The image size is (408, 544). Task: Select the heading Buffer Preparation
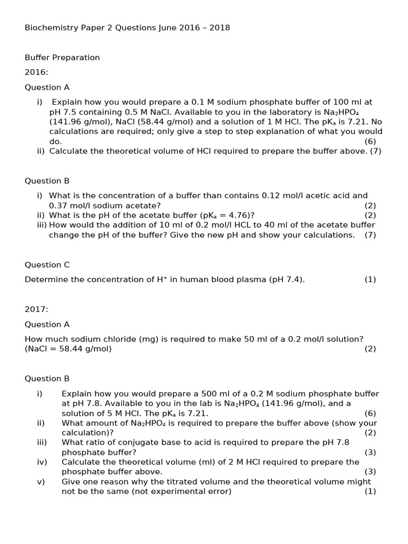(62, 57)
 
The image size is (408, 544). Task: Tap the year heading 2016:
(37, 72)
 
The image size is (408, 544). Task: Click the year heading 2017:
(37, 309)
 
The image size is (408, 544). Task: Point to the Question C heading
(47, 265)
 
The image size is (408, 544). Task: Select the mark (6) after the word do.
(370, 141)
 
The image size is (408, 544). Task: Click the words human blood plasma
(223, 279)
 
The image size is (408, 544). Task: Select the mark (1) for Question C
(370, 279)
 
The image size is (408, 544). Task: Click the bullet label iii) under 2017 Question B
(42, 442)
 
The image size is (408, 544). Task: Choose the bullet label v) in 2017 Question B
(41, 481)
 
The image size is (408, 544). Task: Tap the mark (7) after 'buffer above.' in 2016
(376, 151)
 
